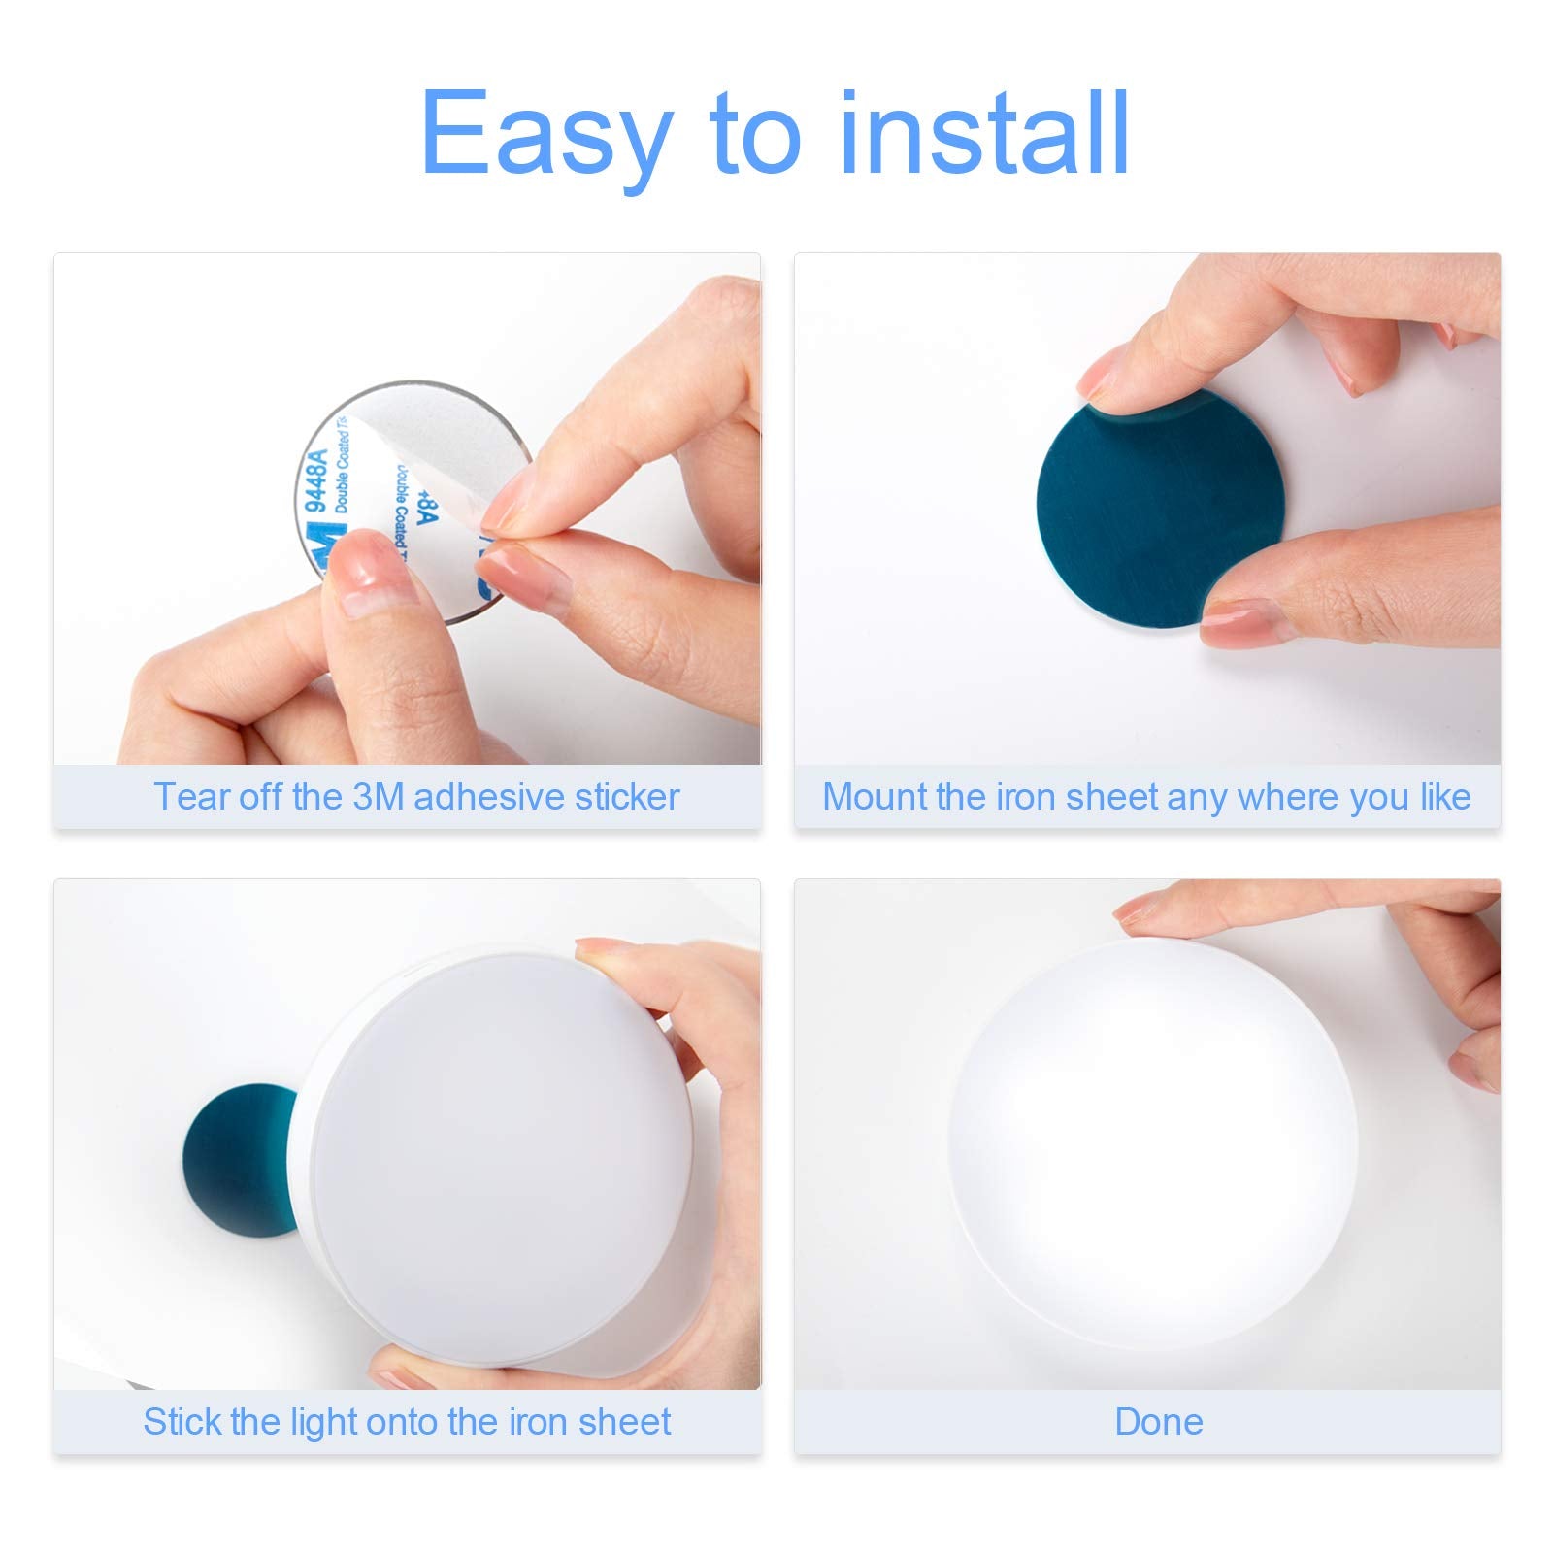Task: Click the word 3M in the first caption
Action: point(379,797)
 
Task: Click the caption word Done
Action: point(1158,1422)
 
